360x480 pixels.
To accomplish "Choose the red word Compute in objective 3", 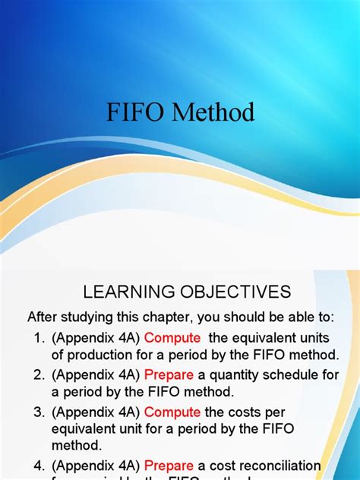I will pos(172,412).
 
